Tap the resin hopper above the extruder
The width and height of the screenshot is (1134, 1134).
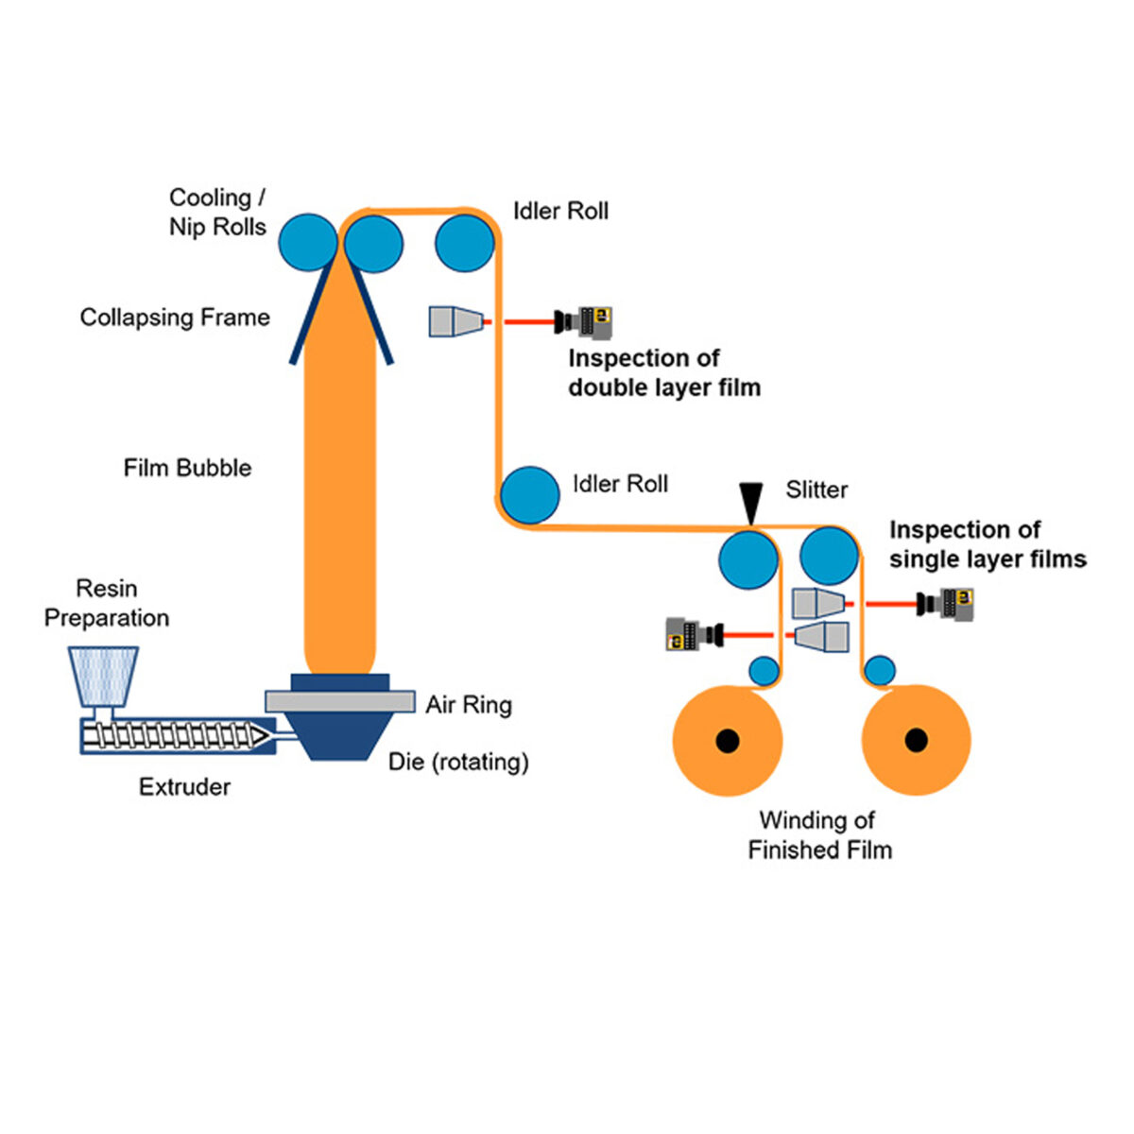click(x=104, y=677)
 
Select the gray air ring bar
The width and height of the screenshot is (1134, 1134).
click(x=340, y=700)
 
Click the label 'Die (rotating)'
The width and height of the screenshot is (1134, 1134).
click(x=458, y=762)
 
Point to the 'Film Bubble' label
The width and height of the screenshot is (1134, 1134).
click(x=187, y=468)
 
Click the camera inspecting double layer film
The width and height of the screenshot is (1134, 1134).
click(x=583, y=322)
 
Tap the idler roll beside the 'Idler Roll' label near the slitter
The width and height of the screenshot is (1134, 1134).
click(x=529, y=495)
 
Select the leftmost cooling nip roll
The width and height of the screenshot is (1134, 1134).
click(x=308, y=243)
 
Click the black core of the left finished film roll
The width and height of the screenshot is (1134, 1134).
click(x=728, y=740)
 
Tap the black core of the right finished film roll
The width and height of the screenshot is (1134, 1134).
click(x=916, y=740)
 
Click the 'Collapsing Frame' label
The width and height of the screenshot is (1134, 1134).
click(x=175, y=318)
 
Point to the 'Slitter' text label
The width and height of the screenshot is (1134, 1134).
click(x=816, y=490)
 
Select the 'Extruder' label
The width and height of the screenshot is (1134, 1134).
click(x=184, y=787)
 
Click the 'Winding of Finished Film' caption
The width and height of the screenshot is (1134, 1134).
click(x=819, y=834)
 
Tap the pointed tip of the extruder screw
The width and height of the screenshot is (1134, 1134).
click(x=269, y=736)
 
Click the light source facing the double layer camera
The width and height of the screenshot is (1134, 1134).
click(x=456, y=321)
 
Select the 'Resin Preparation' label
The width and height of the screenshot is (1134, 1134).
click(x=107, y=603)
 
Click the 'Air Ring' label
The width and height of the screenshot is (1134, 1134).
click(x=469, y=704)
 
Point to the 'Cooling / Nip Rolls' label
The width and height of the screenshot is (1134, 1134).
click(x=217, y=212)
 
